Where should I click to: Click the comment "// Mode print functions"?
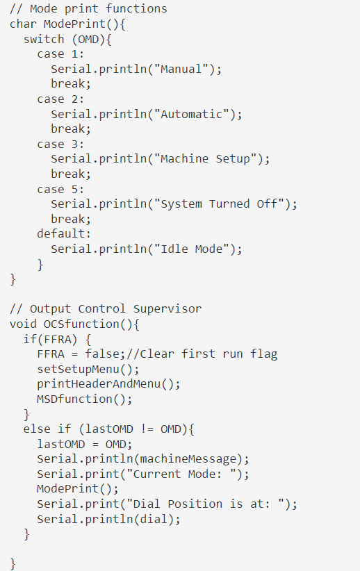88,9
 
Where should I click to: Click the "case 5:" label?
60,189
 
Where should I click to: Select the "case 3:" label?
60,144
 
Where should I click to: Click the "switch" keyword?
43,39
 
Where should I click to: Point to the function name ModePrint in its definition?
74,24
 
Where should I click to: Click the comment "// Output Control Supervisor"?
106,308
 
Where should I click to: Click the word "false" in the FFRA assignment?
101,354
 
